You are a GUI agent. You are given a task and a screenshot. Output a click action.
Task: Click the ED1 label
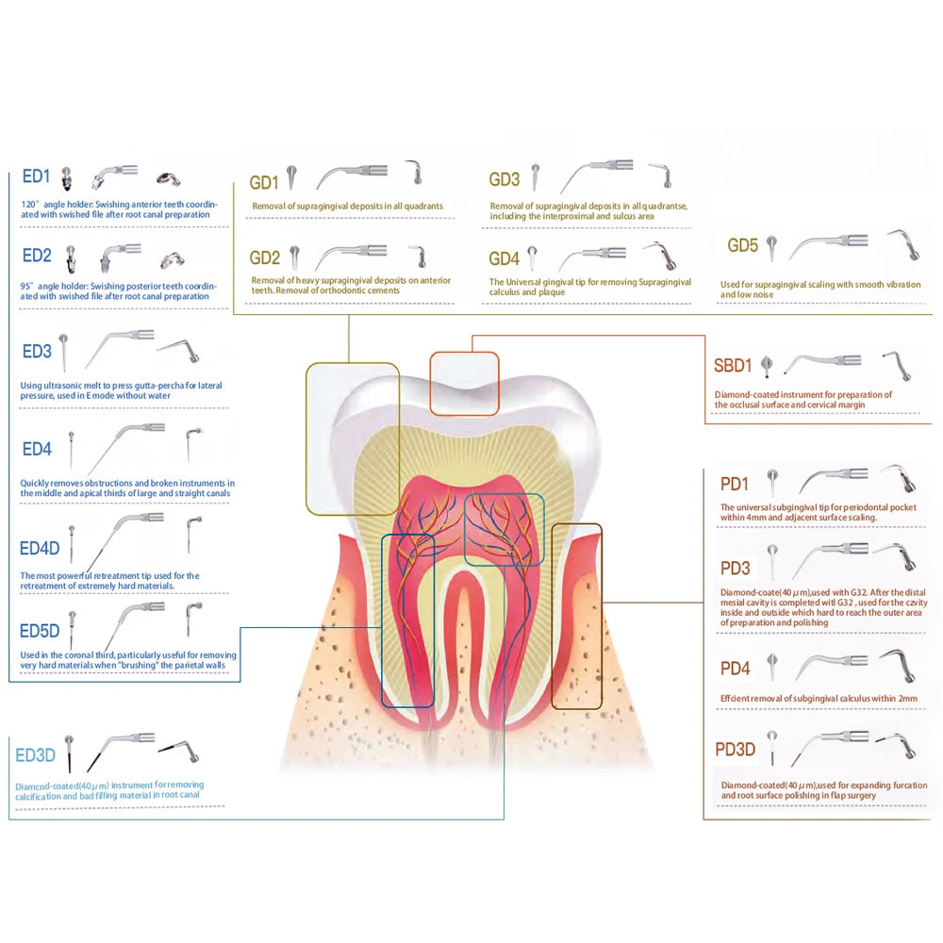tap(36, 176)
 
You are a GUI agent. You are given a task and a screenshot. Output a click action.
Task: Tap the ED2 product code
tap(36, 256)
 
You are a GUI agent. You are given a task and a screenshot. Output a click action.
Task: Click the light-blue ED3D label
tap(36, 756)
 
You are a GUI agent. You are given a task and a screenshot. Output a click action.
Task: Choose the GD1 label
tap(264, 182)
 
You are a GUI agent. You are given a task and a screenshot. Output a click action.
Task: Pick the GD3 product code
tap(505, 180)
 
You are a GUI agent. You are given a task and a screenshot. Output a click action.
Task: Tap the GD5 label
tap(742, 246)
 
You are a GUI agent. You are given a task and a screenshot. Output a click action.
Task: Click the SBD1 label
tap(733, 366)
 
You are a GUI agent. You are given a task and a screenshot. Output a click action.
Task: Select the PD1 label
tap(735, 485)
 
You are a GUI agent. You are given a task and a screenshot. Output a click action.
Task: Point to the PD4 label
tap(735, 669)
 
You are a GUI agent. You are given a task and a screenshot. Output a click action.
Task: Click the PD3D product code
tap(735, 750)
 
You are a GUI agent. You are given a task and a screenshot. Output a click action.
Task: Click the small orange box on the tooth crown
tap(464, 382)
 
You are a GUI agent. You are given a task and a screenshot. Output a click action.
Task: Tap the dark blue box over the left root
tap(407, 620)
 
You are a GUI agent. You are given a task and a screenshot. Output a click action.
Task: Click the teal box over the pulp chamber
tap(505, 528)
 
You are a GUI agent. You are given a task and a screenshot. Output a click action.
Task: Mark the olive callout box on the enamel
tap(352, 438)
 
